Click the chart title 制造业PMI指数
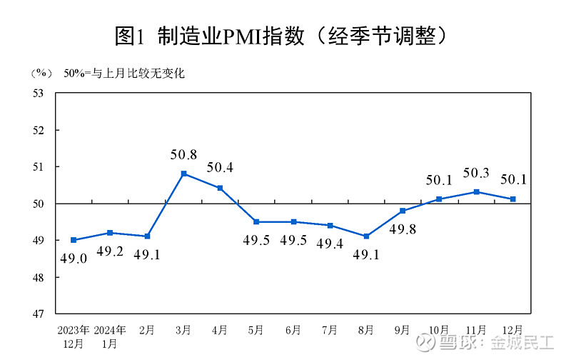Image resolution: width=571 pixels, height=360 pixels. pyautogui.click(x=285, y=35)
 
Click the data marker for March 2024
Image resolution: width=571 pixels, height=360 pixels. pyautogui.click(x=183, y=174)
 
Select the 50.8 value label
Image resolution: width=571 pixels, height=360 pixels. pyautogui.click(x=183, y=154)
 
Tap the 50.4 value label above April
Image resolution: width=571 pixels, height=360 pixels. pyautogui.click(x=220, y=168)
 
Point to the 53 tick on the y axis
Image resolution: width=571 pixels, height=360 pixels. pyautogui.click(x=39, y=94)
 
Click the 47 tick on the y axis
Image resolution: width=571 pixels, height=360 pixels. pyautogui.click(x=39, y=314)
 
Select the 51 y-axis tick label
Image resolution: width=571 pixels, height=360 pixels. pyautogui.click(x=39, y=166)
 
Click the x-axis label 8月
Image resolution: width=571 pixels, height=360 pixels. pyautogui.click(x=365, y=330)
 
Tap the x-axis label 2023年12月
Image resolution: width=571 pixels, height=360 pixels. pyautogui.click(x=74, y=336)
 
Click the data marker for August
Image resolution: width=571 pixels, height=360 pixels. pyautogui.click(x=365, y=236)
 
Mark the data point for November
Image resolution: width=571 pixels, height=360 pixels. pyautogui.click(x=476, y=191)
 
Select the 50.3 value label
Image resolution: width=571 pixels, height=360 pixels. pyautogui.click(x=476, y=173)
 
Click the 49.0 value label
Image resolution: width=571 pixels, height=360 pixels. pyautogui.click(x=74, y=259)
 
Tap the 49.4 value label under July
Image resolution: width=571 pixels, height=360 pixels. pyautogui.click(x=330, y=244)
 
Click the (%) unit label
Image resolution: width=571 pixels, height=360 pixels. pyautogui.click(x=41, y=73)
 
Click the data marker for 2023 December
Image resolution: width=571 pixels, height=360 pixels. pyautogui.click(x=74, y=240)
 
